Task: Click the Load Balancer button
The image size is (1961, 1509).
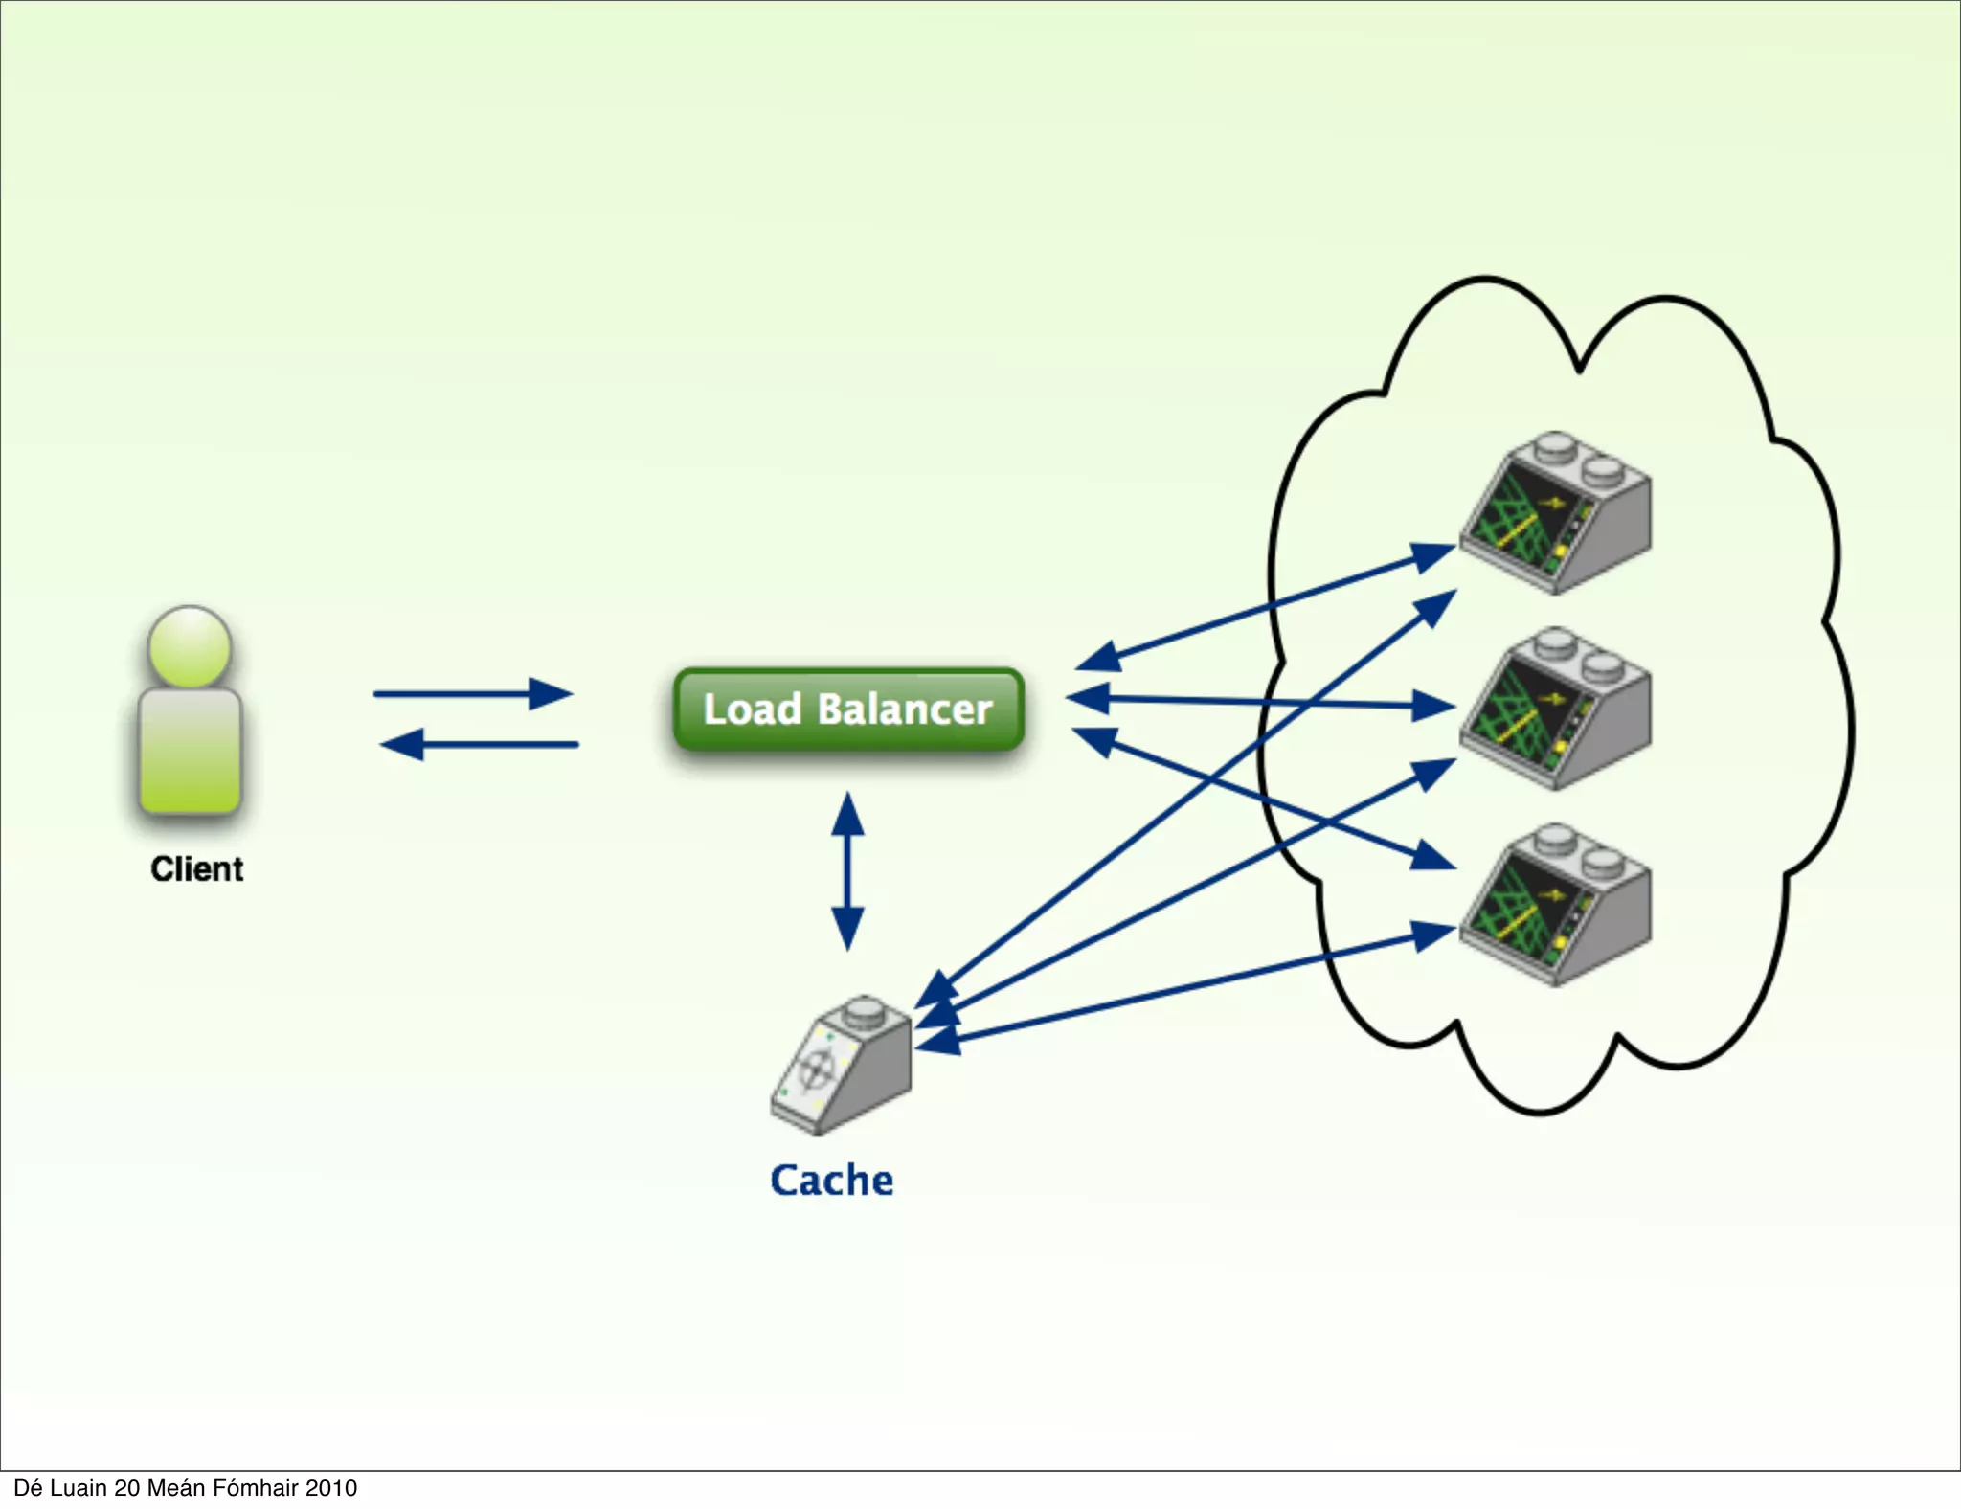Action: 848,709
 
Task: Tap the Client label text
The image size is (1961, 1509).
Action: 197,869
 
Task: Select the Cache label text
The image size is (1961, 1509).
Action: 832,1181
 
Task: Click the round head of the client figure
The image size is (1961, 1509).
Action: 190,646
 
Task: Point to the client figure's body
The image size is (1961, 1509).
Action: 190,752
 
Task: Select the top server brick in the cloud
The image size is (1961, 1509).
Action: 1555,512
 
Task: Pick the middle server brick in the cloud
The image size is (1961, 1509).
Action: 1555,709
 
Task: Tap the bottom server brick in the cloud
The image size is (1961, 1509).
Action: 1555,905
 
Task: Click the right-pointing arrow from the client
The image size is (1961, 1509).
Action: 473,693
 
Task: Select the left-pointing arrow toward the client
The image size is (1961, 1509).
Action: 479,744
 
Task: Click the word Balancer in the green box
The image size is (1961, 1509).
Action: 905,709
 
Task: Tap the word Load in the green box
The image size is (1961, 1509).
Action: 753,709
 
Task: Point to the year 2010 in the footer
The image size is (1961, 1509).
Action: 331,1488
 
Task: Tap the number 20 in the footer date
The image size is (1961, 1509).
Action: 127,1488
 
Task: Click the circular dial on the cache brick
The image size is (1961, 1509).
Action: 815,1069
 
